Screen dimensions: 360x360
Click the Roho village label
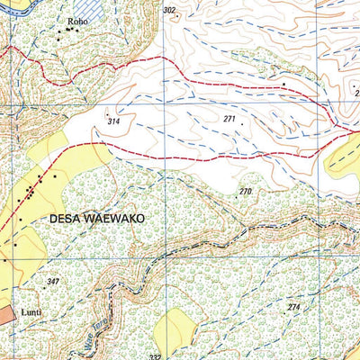77,18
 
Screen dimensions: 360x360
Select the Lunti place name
32,312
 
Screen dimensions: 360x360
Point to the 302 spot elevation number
169,10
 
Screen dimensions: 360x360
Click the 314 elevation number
113,121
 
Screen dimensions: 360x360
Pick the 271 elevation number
230,119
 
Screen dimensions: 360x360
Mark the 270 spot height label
246,192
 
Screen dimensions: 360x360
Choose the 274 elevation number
292,308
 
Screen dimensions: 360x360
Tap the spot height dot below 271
241,125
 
